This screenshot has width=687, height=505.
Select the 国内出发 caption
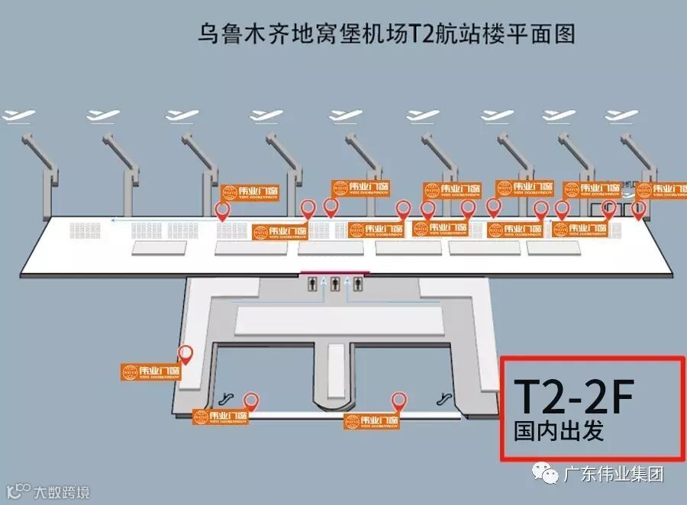[559, 431]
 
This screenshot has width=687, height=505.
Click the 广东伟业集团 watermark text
[612, 474]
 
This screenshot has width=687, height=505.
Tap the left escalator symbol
[226, 397]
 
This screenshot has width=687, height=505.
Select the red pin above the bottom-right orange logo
[398, 400]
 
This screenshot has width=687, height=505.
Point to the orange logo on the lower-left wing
[150, 372]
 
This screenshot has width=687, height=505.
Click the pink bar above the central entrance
[334, 272]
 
